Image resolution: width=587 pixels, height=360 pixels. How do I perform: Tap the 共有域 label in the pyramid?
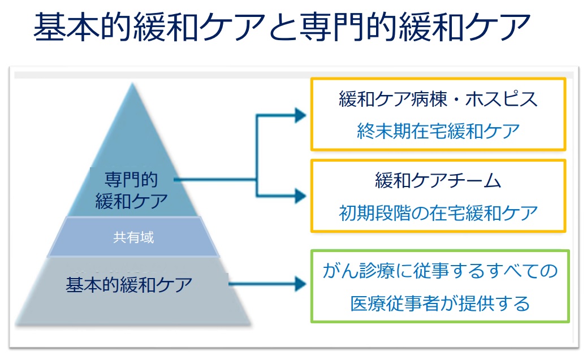click(133, 237)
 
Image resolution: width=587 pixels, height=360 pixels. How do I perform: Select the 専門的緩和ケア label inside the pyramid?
click(131, 190)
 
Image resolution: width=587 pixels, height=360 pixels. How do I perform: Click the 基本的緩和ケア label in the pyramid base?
click(130, 284)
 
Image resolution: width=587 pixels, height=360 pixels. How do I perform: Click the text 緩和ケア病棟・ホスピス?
click(438, 99)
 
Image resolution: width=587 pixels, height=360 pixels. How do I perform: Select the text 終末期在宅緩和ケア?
click(438, 131)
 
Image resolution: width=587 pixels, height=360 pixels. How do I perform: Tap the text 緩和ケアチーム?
click(438, 181)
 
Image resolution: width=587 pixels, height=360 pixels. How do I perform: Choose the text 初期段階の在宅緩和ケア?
click(438, 213)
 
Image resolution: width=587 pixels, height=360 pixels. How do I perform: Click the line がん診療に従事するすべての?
click(439, 271)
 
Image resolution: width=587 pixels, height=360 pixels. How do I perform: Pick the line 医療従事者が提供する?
click(439, 303)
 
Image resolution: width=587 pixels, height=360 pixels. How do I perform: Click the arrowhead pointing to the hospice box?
click(300, 115)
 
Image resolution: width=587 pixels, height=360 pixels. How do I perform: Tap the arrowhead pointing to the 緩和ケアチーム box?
click(300, 196)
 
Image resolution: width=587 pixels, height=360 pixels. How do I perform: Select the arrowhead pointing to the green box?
click(300, 284)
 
